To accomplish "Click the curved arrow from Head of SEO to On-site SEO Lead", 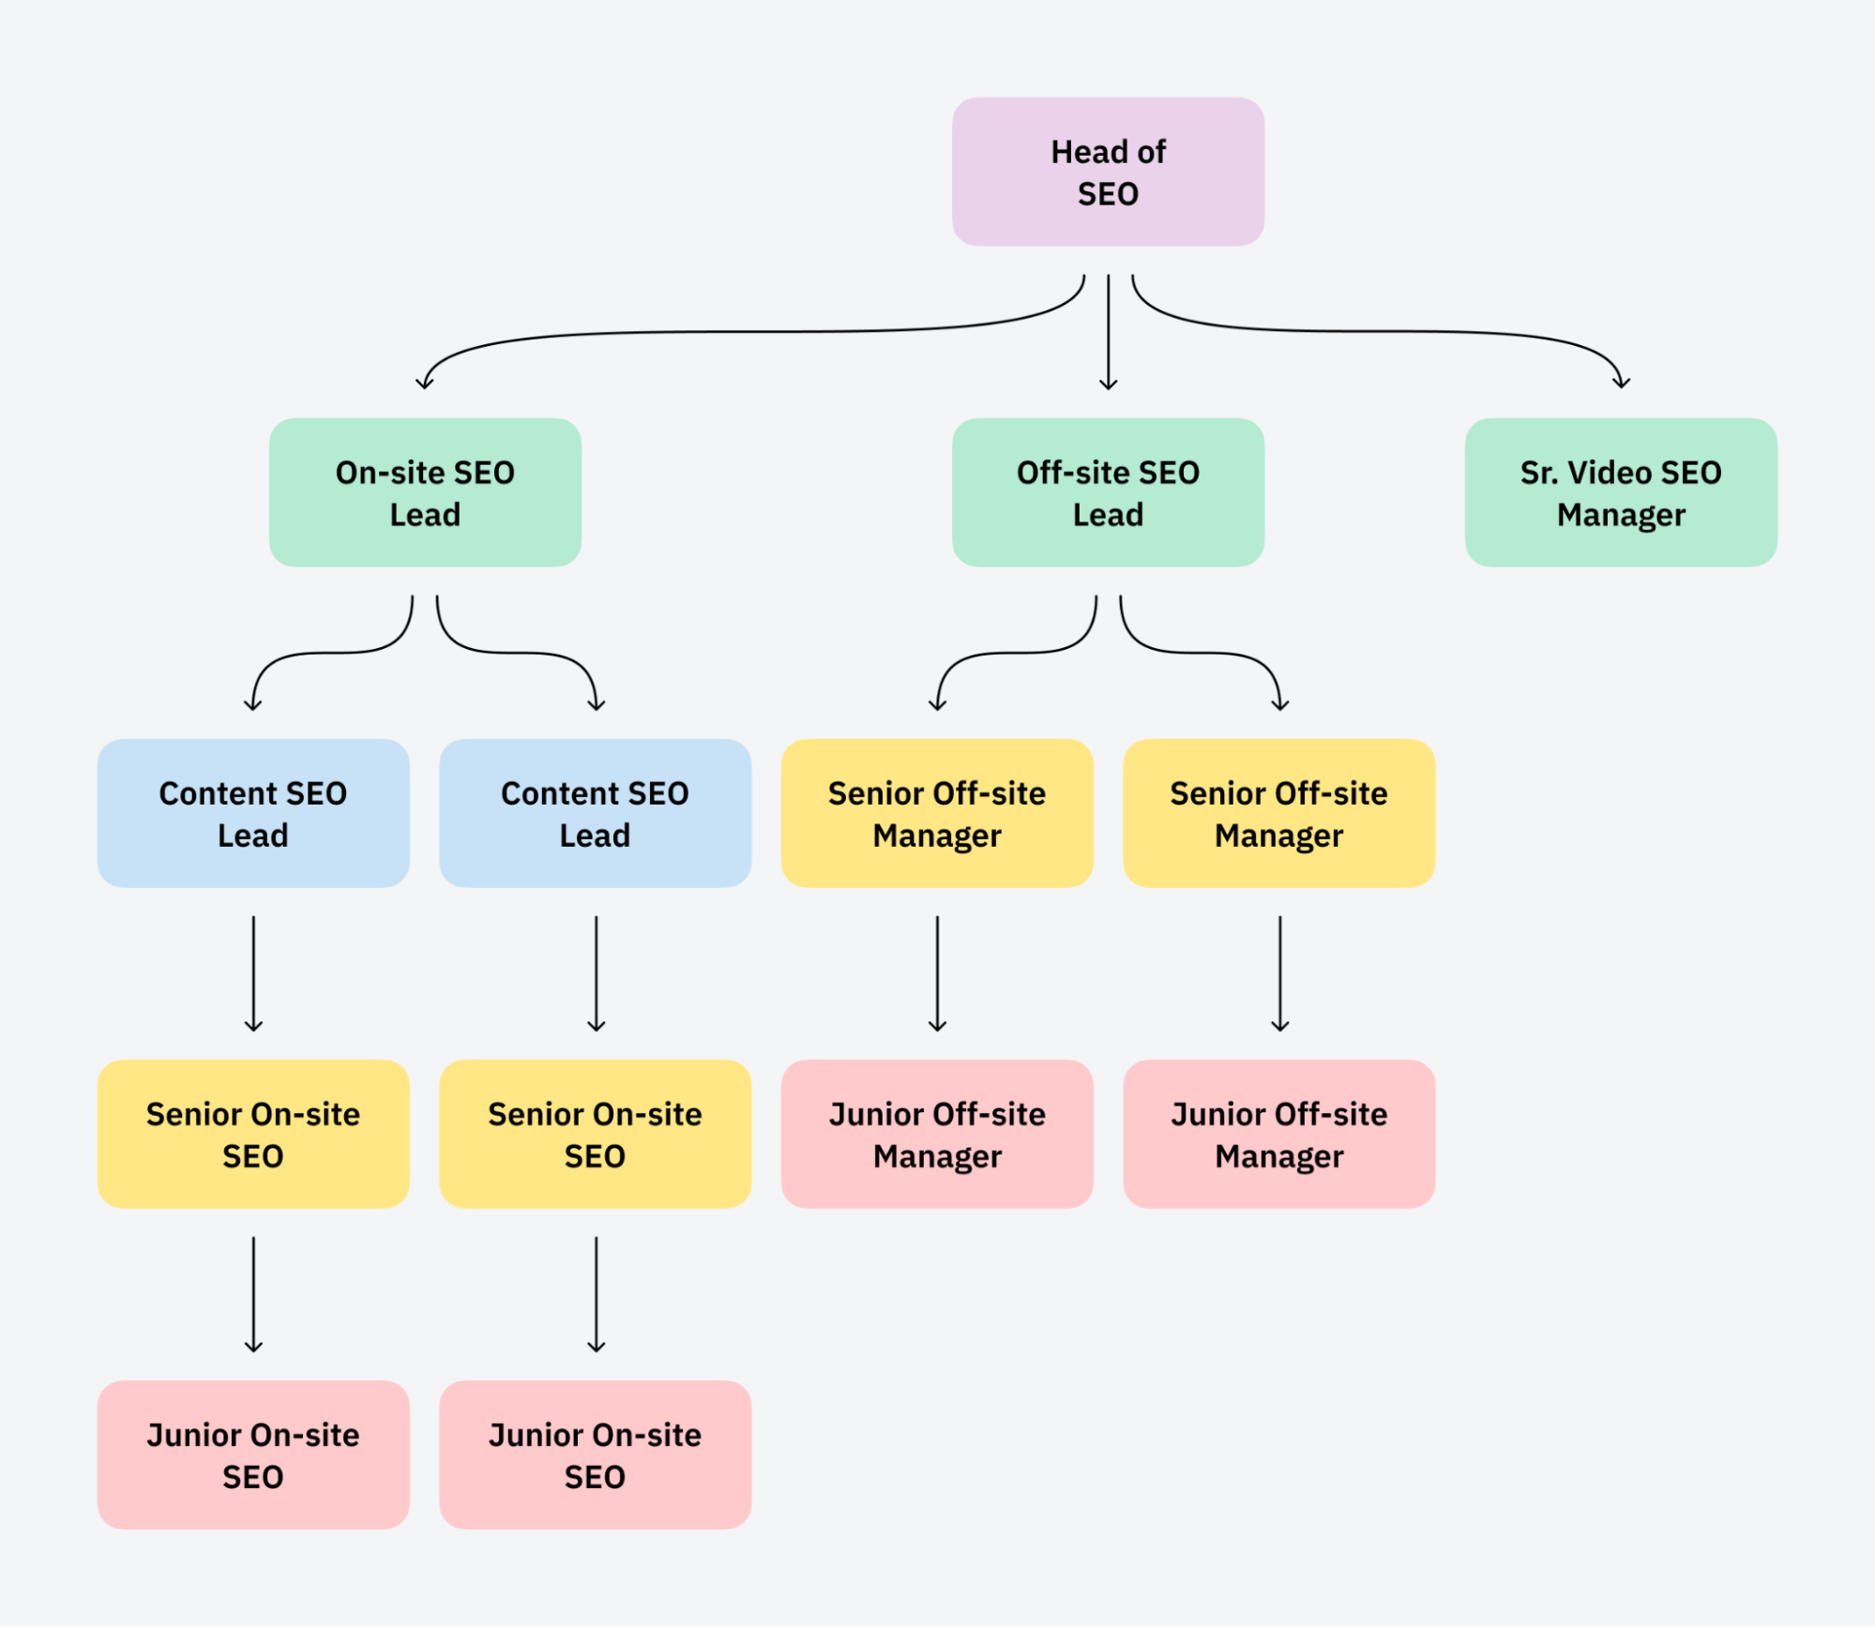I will click(750, 331).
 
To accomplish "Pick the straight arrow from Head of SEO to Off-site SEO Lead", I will click(1108, 328).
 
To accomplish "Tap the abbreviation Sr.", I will click(1538, 473).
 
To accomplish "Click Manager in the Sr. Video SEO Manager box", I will click(1620, 515).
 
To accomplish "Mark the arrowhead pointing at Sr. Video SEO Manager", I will click(1621, 383).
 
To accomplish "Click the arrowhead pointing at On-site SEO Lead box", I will click(424, 384).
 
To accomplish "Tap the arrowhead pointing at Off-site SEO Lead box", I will click(1108, 384).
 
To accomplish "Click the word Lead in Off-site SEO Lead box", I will click(1108, 515).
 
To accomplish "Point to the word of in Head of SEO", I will click(1151, 152).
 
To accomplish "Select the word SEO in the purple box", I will click(1108, 194).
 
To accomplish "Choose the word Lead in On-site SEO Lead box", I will click(425, 515).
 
